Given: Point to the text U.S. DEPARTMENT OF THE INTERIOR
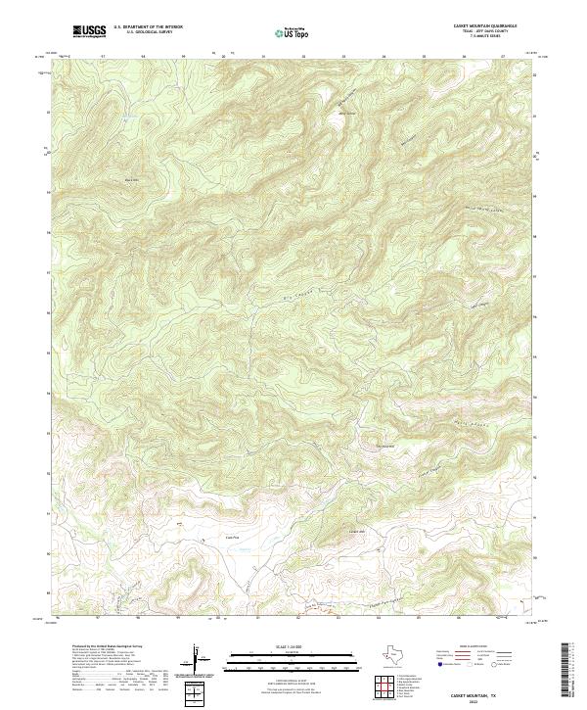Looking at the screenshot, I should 148,27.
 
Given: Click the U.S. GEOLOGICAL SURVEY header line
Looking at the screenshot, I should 148,32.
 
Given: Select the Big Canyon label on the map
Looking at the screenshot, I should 282,290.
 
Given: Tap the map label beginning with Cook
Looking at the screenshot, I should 233,536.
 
